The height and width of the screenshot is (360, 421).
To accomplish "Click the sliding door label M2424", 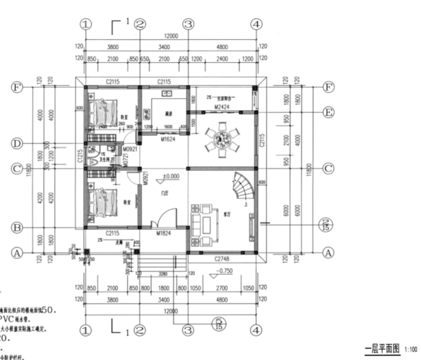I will [221, 106].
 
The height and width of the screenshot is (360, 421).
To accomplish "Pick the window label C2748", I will [222, 258].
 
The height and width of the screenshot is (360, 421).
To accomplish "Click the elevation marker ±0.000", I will [171, 177].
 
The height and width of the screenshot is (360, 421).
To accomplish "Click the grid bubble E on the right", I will [328, 113].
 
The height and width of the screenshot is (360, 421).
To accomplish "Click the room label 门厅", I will [163, 193].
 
